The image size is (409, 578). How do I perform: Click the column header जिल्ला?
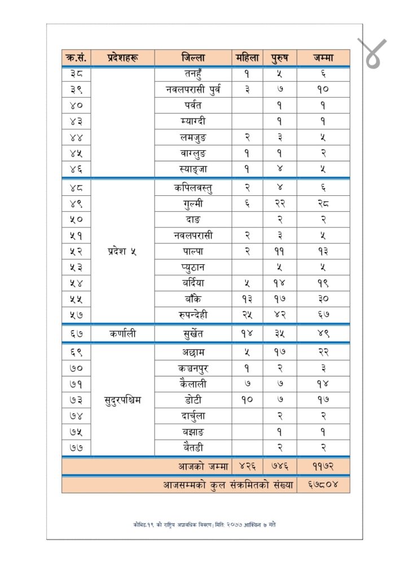tap(193, 58)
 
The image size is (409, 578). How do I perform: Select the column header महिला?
tap(247, 58)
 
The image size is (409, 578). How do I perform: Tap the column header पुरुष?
tap(280, 58)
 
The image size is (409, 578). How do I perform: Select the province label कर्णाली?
tap(123, 334)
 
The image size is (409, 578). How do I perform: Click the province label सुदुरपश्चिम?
tap(123, 400)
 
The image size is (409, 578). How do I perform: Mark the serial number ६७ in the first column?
tap(77, 334)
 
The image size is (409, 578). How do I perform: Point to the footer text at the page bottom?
tap(204, 524)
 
